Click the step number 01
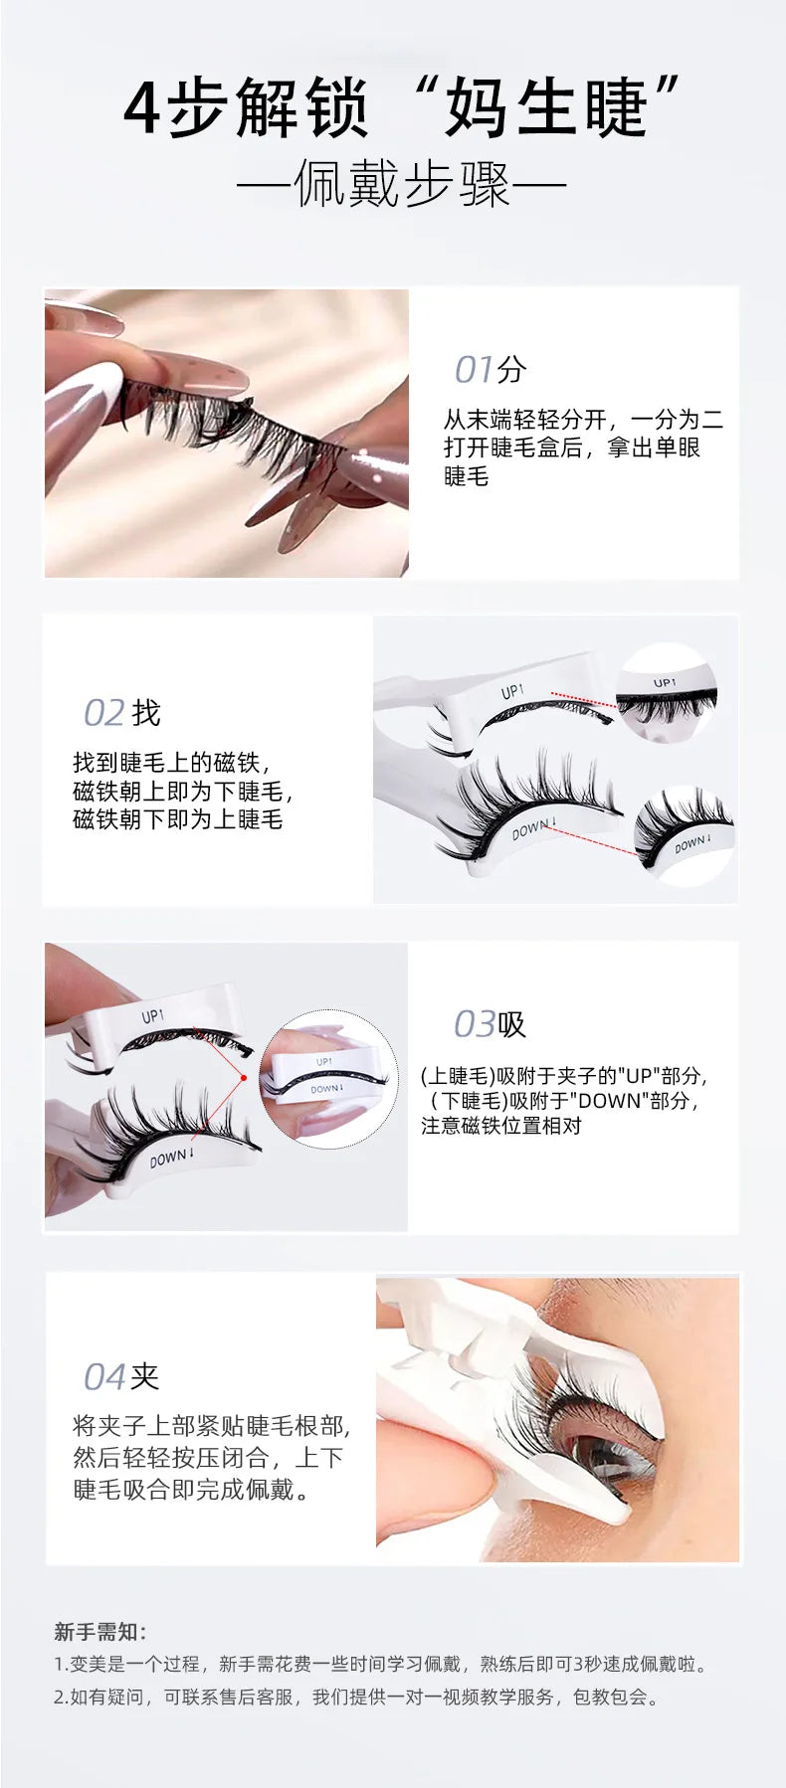coord(474,370)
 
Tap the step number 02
coord(103,713)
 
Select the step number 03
coord(474,1024)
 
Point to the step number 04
coord(104,1377)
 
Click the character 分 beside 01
coord(512,370)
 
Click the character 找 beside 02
coord(146,713)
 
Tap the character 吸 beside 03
coord(512,1024)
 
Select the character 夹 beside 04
coord(145,1377)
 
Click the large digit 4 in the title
coord(142,109)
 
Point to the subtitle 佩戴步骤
coord(402,185)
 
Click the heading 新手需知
coord(99,1632)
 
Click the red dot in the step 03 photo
coord(244,1077)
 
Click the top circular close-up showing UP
coord(666,691)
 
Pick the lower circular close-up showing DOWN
coord(685,834)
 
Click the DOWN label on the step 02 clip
coord(533,827)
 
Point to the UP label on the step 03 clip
coord(152,1016)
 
